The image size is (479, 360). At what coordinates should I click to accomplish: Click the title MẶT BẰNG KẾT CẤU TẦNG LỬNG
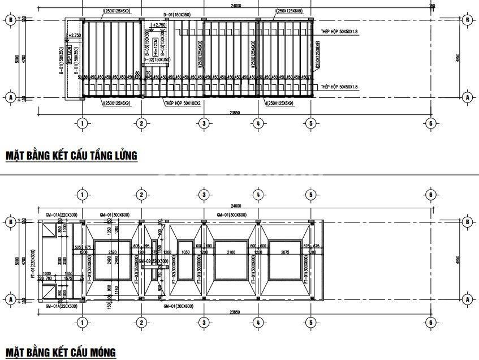[x=71, y=155]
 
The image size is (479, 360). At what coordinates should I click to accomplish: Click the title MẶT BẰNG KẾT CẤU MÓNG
[x=60, y=352]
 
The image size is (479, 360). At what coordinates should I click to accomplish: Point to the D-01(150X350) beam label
[x=176, y=14]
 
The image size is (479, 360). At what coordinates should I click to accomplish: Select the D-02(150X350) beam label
[x=156, y=59]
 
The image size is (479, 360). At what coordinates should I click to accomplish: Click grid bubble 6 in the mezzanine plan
[x=430, y=123]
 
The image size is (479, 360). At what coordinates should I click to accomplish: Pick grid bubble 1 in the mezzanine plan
[x=82, y=123]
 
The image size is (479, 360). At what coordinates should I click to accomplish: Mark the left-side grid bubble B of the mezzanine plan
[x=10, y=20]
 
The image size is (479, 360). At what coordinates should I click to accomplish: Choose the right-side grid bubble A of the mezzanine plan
[x=467, y=97]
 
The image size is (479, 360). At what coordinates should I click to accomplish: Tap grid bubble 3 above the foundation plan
[x=203, y=195]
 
